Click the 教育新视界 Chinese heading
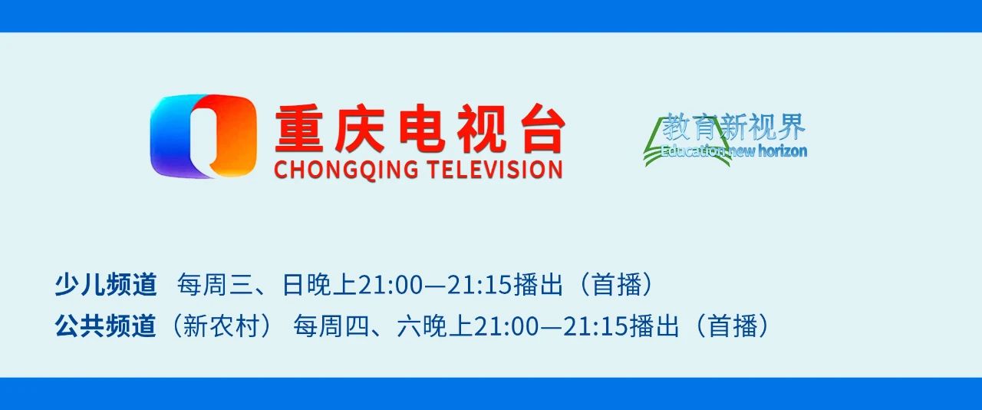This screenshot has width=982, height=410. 734,126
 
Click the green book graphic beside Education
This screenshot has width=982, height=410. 656,146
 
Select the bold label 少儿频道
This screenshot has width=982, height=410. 105,286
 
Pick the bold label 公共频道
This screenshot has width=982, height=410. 105,327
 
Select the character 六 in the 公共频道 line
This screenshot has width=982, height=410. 408,327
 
